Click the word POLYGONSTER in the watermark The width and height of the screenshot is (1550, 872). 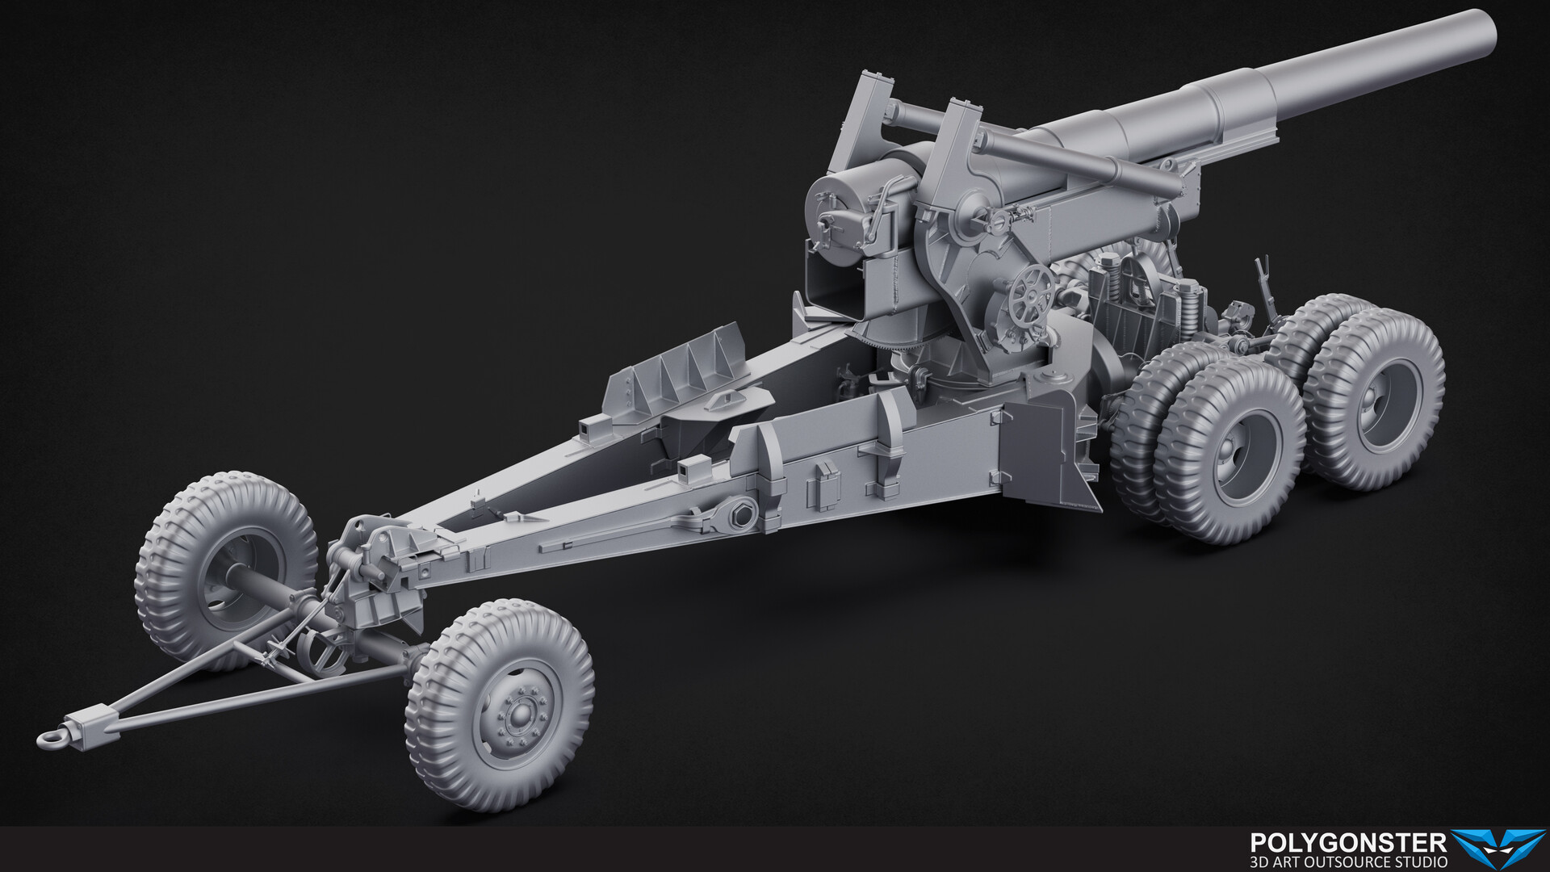(x=1347, y=844)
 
